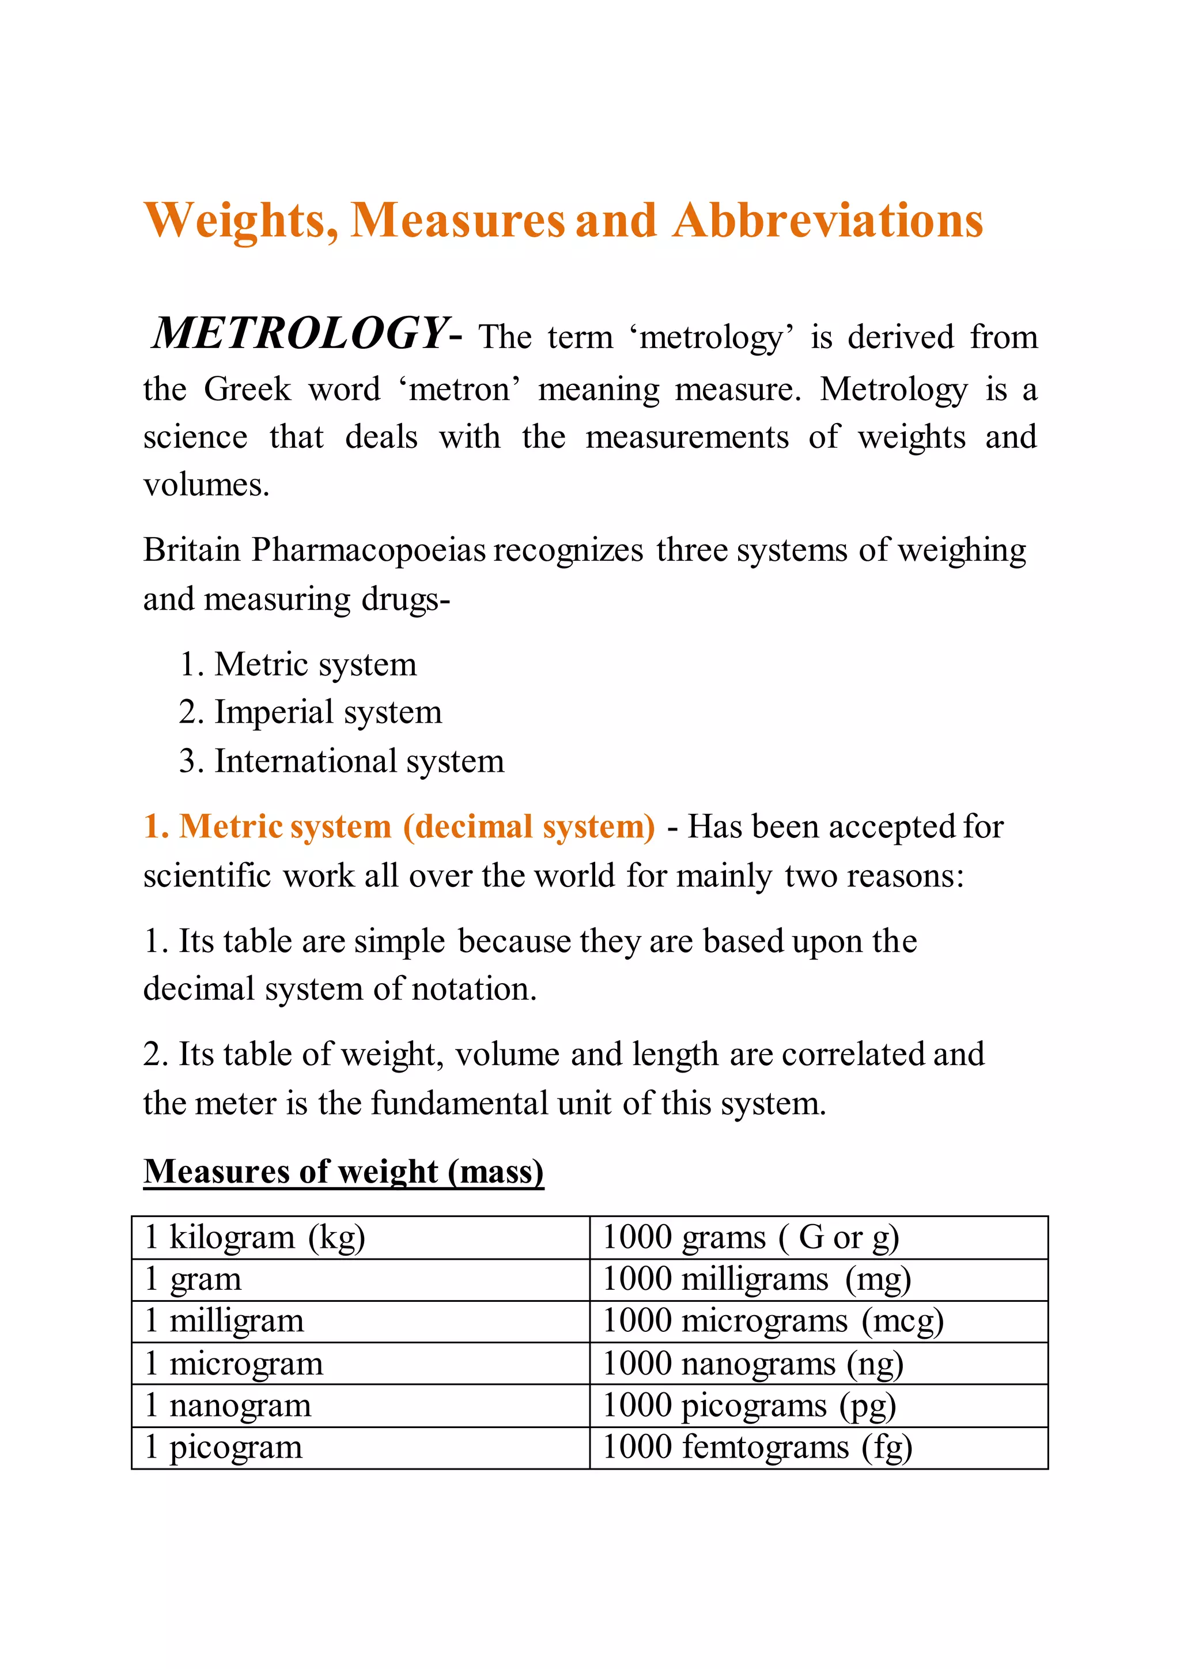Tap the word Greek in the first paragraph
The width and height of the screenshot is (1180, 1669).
pos(247,390)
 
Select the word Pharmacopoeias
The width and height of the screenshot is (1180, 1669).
pos(368,550)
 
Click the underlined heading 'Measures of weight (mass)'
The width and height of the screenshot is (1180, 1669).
pos(343,1171)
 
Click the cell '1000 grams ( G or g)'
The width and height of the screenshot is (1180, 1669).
pos(751,1237)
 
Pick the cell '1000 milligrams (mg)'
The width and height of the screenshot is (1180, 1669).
pos(757,1279)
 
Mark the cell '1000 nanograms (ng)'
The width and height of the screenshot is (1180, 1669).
pos(752,1364)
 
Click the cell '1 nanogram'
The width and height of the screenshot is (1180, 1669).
pos(228,1405)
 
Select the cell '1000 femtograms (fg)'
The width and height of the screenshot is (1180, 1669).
pos(757,1447)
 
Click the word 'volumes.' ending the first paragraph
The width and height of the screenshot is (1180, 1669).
pos(206,485)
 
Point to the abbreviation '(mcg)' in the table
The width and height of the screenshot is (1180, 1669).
pos(902,1321)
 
